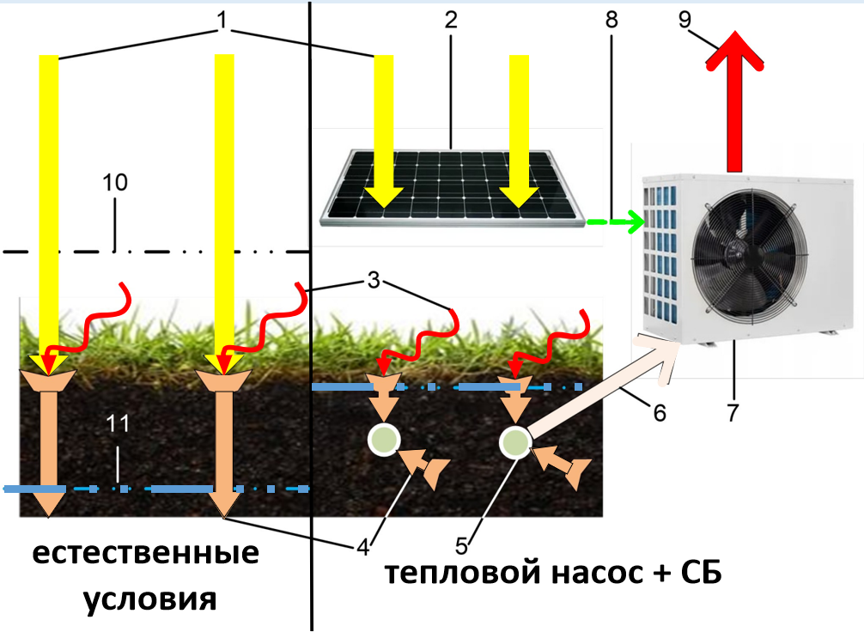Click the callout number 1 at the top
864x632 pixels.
[222, 20]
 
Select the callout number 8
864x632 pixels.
[611, 20]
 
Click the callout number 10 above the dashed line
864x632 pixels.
[115, 182]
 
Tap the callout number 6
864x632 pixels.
[659, 413]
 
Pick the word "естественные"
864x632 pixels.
[146, 553]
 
